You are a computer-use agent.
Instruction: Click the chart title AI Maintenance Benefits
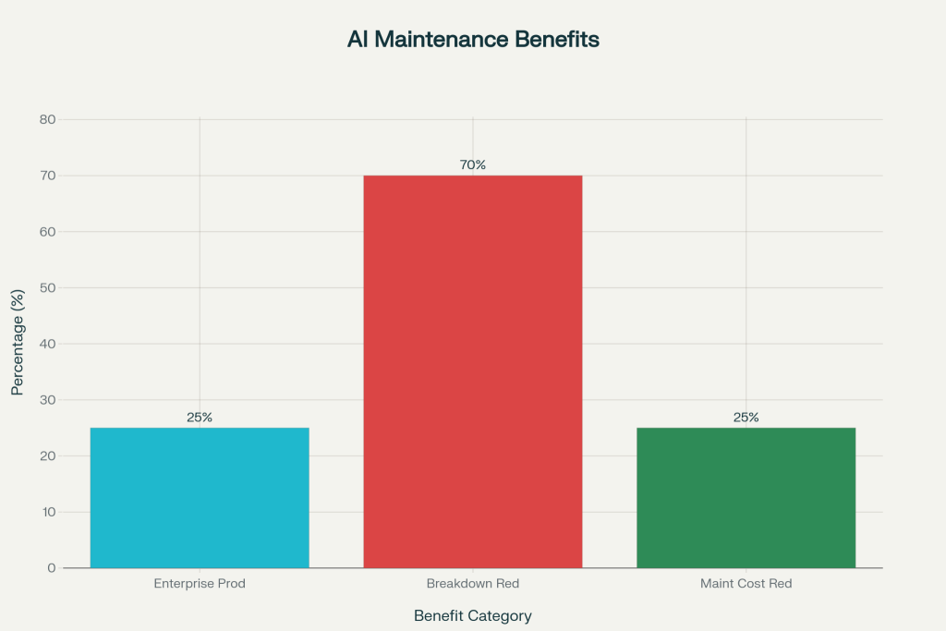pos(473,40)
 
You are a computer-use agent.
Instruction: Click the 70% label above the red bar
pos(473,165)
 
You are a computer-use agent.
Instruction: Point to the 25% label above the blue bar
pos(200,418)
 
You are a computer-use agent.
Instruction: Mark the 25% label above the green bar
pos(746,418)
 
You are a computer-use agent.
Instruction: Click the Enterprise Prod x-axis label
pos(200,584)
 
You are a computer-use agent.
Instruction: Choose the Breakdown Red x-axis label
pos(473,584)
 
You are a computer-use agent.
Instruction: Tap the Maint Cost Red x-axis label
pos(746,584)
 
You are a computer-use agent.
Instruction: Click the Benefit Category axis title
pos(473,615)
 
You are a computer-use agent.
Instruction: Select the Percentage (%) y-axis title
pos(18,344)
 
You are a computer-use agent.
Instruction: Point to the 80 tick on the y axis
pos(48,120)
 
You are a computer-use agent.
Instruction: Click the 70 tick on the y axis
pos(48,176)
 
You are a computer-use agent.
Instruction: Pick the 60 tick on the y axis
pos(48,232)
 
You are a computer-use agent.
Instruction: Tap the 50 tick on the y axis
pos(48,288)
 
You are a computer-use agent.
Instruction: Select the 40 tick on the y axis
pos(48,344)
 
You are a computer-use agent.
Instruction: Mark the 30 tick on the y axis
pos(48,400)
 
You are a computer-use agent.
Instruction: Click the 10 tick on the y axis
pos(48,512)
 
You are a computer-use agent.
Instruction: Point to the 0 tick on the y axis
pos(52,568)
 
